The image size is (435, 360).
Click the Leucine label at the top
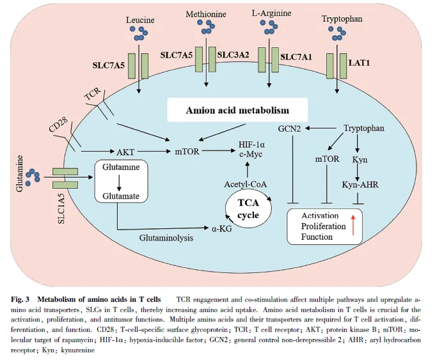pyautogui.click(x=141, y=20)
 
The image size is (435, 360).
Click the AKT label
pyautogui.click(x=126, y=153)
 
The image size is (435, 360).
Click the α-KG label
pyautogui.click(x=221, y=228)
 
